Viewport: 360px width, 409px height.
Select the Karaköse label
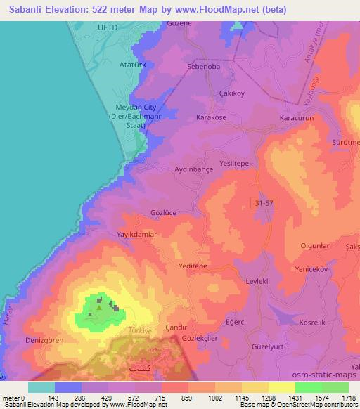point(211,117)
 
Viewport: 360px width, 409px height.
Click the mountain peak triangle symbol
point(99,306)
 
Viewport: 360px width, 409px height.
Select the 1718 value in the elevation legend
point(348,398)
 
